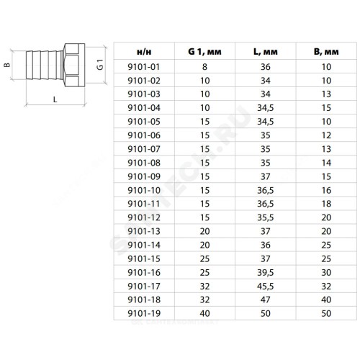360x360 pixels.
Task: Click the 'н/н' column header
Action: (144, 52)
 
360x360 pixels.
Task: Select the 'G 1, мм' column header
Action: (204, 51)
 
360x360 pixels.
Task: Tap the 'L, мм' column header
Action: (266, 51)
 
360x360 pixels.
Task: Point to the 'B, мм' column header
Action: (326, 51)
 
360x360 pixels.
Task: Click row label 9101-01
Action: (144, 67)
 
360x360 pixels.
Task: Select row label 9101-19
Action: (144, 313)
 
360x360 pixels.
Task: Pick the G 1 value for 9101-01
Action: (204, 67)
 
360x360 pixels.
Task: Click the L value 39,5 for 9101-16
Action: (266, 272)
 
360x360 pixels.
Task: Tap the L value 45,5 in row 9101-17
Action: (266, 286)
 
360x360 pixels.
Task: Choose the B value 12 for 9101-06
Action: (326, 135)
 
